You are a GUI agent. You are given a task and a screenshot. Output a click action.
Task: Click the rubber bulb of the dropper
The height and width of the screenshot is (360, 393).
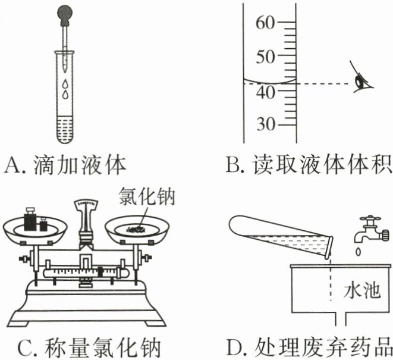(x=65, y=15)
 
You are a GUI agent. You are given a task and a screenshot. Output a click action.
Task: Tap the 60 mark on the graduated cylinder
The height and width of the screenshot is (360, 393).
(x=265, y=23)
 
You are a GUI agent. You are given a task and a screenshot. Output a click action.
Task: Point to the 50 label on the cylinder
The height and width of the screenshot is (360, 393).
(x=265, y=57)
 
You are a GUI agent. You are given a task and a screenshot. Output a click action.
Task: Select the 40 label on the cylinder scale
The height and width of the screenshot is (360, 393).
(x=265, y=93)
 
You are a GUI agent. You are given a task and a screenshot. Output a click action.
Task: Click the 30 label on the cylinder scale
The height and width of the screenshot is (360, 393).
(x=266, y=124)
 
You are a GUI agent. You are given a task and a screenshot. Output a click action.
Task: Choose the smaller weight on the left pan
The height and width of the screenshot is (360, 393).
(x=43, y=224)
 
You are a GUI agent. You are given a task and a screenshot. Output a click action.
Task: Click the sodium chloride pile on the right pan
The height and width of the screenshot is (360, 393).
(x=136, y=228)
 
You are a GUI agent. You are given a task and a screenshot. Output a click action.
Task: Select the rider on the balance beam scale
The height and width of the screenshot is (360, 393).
(x=100, y=272)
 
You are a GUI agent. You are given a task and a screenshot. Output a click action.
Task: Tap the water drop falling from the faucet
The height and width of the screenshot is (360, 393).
(x=359, y=252)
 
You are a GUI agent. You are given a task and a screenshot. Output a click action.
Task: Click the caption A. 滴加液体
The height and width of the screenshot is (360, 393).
(x=65, y=165)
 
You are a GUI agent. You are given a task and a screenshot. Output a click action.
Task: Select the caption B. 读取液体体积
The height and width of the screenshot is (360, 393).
(x=309, y=164)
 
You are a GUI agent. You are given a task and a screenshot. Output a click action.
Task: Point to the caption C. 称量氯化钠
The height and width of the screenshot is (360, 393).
(x=89, y=348)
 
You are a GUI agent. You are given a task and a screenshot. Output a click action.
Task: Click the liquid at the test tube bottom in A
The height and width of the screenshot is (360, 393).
(x=65, y=129)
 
